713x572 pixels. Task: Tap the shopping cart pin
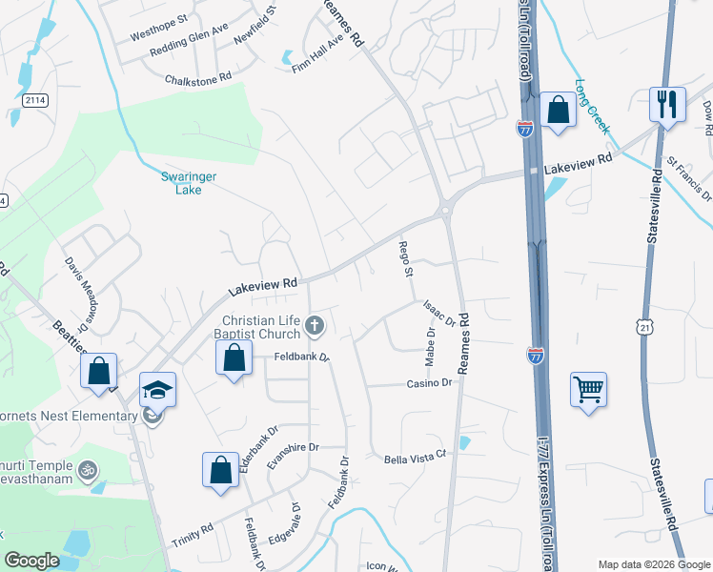pos(588,388)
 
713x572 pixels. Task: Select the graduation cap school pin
pos(157,388)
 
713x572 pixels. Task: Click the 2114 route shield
pos(35,100)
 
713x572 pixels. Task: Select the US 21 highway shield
pos(645,326)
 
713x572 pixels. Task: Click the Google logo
pos(32,561)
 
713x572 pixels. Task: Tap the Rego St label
pos(405,258)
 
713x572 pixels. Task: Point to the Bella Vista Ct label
pos(415,459)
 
